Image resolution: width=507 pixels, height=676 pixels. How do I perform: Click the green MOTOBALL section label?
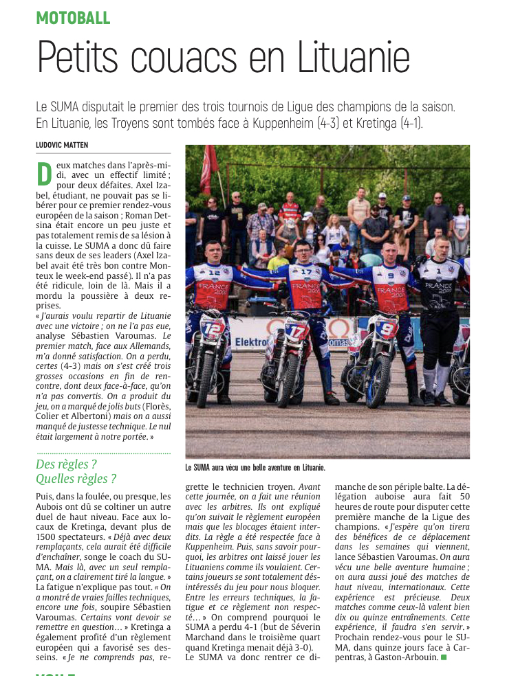(x=73, y=18)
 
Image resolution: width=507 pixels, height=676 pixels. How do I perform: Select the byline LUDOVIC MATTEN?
(x=62, y=144)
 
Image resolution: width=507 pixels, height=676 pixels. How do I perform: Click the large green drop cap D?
(x=44, y=174)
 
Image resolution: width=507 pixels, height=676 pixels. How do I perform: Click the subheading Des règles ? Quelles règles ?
(x=76, y=471)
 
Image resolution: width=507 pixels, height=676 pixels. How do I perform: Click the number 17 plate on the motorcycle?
(x=296, y=332)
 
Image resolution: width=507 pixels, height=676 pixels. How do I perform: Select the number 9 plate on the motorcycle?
(x=386, y=328)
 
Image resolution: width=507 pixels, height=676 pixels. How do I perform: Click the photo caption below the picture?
(x=255, y=468)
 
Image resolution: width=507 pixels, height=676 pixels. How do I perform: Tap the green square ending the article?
(x=444, y=657)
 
